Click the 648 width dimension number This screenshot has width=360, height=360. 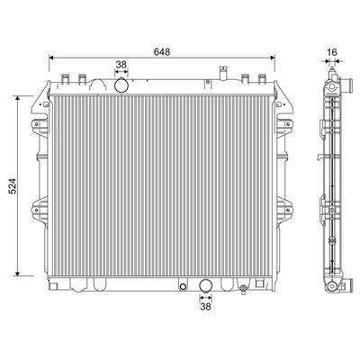click(x=162, y=52)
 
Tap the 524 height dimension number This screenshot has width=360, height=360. click(x=13, y=186)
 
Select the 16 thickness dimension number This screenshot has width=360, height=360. click(x=332, y=52)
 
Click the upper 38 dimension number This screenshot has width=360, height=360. click(x=121, y=65)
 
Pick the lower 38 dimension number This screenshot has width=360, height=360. click(x=205, y=306)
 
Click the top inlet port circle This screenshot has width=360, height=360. click(x=121, y=85)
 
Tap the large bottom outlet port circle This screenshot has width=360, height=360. click(x=206, y=285)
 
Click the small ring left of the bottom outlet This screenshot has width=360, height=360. click(x=183, y=286)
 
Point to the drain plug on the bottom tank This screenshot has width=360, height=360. click(x=244, y=289)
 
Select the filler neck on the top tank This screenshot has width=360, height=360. click(x=222, y=73)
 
